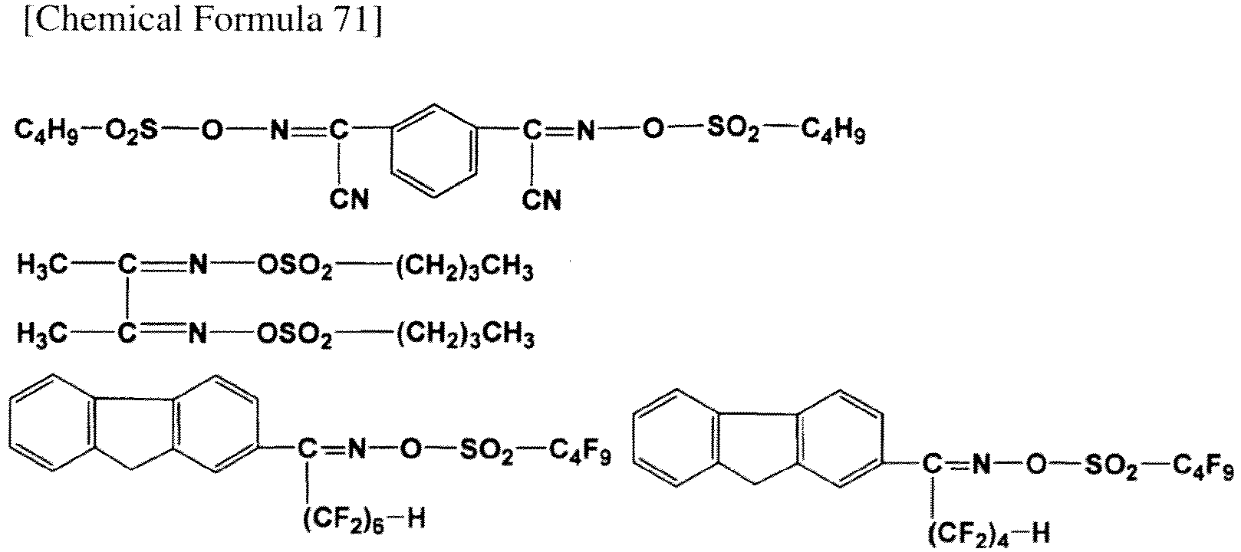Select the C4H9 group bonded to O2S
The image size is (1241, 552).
pos(47,130)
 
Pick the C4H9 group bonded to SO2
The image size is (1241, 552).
pos(833,130)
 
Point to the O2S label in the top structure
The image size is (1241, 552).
pos(131,130)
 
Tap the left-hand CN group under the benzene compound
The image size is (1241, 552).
pos(349,199)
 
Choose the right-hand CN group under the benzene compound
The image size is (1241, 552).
pos(541,199)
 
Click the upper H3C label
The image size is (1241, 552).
pos(42,266)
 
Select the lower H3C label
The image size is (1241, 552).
pos(42,333)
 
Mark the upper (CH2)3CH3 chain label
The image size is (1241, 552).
pos(464,268)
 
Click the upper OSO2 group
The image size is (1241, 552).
pos(295,267)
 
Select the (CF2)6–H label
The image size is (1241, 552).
pos(364,521)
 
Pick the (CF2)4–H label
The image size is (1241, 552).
pos(989,535)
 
